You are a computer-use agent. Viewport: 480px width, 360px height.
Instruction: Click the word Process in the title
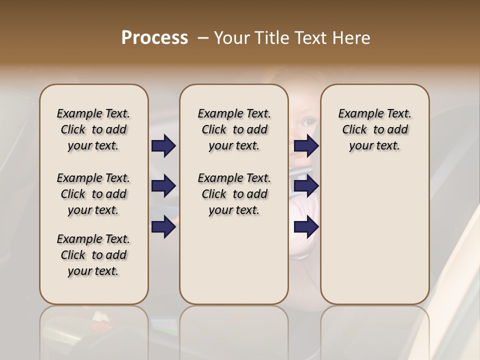click(154, 38)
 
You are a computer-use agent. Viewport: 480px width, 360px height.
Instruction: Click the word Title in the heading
click(270, 38)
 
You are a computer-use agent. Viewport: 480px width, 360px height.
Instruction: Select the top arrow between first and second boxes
click(163, 146)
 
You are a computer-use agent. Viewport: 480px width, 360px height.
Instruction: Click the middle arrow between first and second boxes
click(163, 186)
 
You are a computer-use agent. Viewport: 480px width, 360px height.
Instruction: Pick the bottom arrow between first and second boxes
click(163, 226)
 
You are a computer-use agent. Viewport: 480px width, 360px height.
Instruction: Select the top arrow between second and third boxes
click(306, 146)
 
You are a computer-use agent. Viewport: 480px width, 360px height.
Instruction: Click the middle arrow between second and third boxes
click(306, 186)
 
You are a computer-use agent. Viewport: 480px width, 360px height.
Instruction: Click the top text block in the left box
click(93, 129)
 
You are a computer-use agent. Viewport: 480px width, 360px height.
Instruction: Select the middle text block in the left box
click(93, 194)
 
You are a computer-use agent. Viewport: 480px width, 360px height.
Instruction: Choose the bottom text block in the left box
click(93, 255)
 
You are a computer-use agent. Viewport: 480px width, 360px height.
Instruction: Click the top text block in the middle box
click(234, 129)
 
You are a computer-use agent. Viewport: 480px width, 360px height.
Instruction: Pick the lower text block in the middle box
click(234, 194)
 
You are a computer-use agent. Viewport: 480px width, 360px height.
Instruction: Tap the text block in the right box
click(375, 129)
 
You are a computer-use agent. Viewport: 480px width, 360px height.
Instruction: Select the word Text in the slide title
click(308, 38)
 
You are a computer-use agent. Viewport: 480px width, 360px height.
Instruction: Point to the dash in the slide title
click(203, 38)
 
